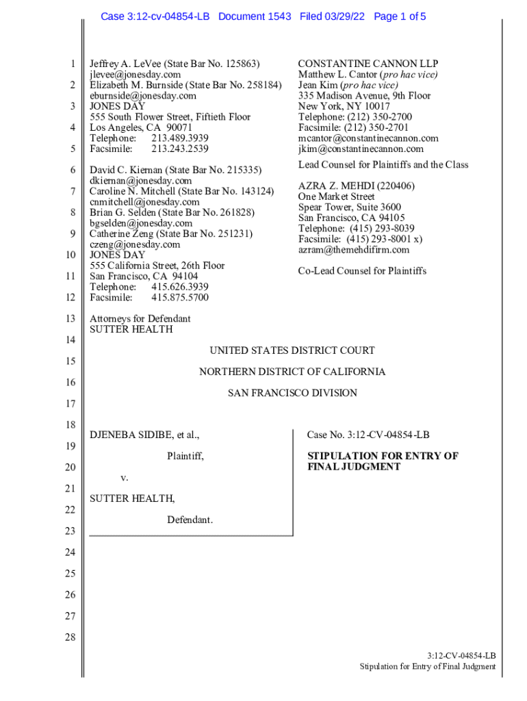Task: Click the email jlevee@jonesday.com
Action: click(x=135, y=75)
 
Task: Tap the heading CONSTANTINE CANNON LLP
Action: click(x=368, y=64)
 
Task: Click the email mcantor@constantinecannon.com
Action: click(x=368, y=138)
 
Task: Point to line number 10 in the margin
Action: click(x=70, y=255)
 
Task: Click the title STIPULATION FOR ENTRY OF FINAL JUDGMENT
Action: click(x=382, y=461)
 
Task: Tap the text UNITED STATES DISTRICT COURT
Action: click(x=292, y=350)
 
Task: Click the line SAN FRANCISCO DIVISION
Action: click(x=292, y=393)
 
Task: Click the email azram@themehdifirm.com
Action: click(x=353, y=250)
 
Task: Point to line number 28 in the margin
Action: click(x=70, y=637)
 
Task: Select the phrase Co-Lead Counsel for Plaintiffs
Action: click(x=362, y=271)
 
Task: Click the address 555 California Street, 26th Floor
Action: click(x=157, y=266)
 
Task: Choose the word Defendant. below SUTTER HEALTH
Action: click(x=190, y=520)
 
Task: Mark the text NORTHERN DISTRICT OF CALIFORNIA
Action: click(x=292, y=372)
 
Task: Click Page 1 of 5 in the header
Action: click(x=400, y=16)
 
